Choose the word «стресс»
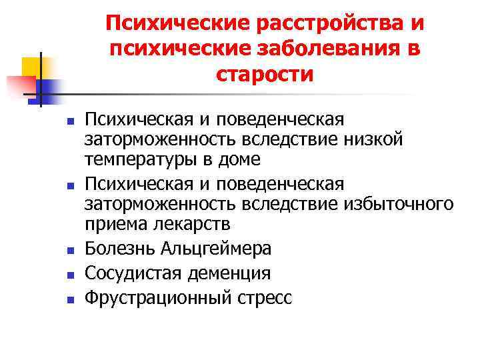265,297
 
